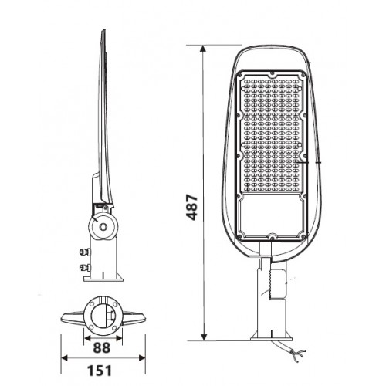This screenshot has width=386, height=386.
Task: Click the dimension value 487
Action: (x=192, y=208)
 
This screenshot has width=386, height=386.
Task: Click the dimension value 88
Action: (x=102, y=347)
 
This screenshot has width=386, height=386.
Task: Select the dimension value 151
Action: (x=100, y=371)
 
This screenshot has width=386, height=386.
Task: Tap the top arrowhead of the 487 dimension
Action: (x=204, y=49)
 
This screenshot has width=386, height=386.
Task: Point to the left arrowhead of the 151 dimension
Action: (x=64, y=357)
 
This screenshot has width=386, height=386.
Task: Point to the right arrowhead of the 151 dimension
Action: (x=142, y=357)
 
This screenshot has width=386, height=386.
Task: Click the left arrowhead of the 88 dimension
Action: (x=88, y=338)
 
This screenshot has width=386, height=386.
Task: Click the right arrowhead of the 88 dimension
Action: (x=119, y=338)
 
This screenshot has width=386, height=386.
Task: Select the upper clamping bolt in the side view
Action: (x=85, y=252)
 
